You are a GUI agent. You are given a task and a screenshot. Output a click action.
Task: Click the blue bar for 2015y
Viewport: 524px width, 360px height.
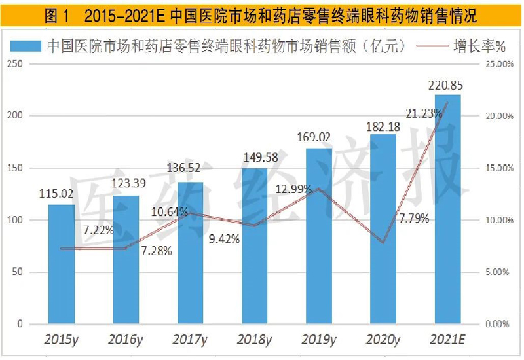click(x=62, y=264)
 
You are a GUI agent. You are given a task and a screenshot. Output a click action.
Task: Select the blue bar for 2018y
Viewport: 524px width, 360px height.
click(x=255, y=246)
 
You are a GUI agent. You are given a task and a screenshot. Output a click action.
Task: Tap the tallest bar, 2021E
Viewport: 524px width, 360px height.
click(x=447, y=209)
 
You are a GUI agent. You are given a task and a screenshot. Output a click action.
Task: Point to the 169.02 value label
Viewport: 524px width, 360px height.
click(x=319, y=137)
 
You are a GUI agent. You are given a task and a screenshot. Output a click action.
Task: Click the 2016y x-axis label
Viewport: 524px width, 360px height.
click(x=125, y=340)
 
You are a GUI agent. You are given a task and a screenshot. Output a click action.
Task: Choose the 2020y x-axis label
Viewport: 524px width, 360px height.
click(x=383, y=340)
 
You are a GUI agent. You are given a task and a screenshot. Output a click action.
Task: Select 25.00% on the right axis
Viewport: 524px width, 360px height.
click(x=497, y=64)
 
